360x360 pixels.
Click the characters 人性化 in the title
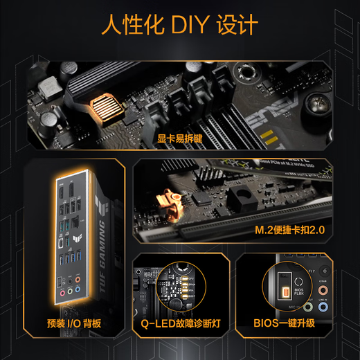click(x=125, y=26)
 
